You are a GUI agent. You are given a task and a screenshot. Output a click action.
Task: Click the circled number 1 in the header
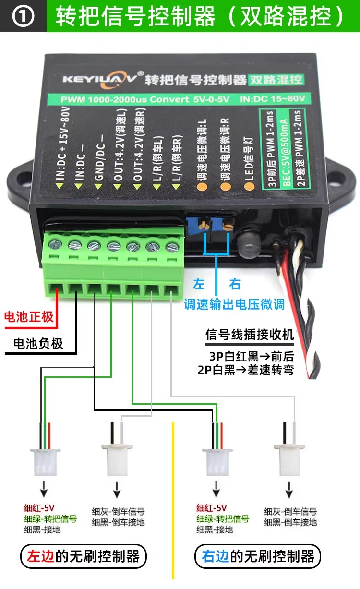(x=23, y=17)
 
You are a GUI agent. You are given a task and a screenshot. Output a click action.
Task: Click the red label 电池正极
(x=29, y=317)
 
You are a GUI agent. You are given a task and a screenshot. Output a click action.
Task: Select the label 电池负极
(x=38, y=344)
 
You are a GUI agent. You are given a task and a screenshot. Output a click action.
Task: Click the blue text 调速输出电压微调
(x=234, y=304)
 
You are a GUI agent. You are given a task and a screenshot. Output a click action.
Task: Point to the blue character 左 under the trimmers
(x=199, y=284)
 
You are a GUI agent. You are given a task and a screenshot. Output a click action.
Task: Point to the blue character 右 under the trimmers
(x=235, y=284)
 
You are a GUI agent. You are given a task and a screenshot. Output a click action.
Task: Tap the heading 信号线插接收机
(x=250, y=335)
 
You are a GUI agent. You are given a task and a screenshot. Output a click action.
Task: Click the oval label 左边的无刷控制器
(x=83, y=557)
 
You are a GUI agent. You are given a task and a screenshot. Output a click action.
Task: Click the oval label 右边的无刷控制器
(x=257, y=557)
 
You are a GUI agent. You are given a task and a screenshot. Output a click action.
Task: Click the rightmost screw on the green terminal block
(x=170, y=247)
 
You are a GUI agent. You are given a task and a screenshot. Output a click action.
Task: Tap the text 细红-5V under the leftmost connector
(x=40, y=508)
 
